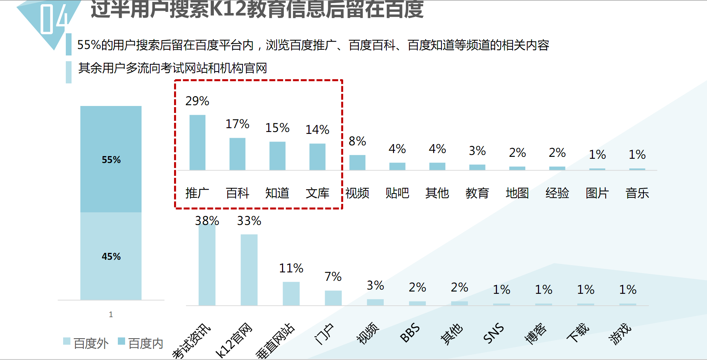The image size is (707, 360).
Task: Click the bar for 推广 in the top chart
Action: click(x=197, y=142)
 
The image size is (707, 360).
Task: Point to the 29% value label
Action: click(x=197, y=101)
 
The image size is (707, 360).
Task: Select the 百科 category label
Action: click(x=237, y=193)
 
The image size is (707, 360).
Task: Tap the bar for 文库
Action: click(x=317, y=156)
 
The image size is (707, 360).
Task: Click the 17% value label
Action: click(x=237, y=124)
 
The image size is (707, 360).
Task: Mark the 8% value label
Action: click(x=357, y=141)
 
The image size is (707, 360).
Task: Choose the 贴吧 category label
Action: click(x=397, y=193)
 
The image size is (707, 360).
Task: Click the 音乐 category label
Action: click(x=637, y=193)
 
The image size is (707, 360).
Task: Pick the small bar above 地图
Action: click(x=517, y=168)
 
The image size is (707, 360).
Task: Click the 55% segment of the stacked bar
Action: click(x=111, y=159)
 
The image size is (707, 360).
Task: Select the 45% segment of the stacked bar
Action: click(x=111, y=256)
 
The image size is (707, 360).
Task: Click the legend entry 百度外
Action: click(x=86, y=343)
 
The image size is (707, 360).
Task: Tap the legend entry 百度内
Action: click(x=141, y=343)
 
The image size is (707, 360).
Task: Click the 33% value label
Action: click(x=249, y=221)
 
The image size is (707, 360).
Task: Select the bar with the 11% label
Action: click(x=291, y=293)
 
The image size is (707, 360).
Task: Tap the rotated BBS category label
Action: click(x=410, y=333)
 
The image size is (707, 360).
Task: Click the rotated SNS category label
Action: click(x=494, y=333)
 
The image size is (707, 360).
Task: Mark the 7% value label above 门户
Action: click(x=333, y=277)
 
